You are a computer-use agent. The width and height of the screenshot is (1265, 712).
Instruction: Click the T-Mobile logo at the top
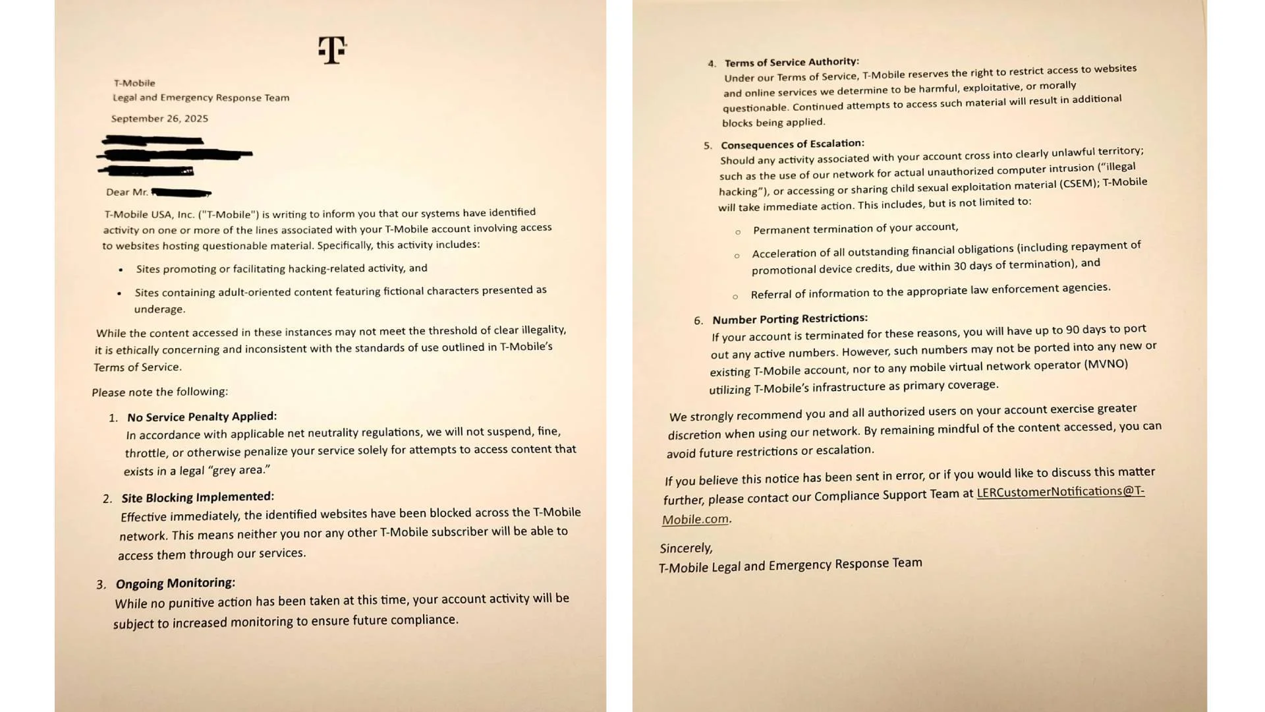click(x=332, y=50)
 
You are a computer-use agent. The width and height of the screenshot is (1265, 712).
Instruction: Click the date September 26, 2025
click(x=159, y=119)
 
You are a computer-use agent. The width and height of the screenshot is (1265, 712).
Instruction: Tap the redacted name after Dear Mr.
click(x=181, y=193)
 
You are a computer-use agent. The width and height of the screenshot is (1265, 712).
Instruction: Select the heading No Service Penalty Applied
click(x=202, y=417)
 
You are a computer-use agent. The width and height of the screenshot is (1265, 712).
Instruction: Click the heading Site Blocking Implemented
click(x=198, y=498)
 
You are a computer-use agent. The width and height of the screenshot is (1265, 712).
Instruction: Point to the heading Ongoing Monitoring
click(x=175, y=583)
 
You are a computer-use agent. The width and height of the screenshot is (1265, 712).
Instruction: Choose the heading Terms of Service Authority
click(x=791, y=62)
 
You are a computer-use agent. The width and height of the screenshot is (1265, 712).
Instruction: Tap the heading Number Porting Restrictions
click(x=789, y=319)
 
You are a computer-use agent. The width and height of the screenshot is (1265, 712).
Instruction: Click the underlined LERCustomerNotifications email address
click(x=1060, y=492)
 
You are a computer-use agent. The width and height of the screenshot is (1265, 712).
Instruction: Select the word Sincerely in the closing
click(x=686, y=548)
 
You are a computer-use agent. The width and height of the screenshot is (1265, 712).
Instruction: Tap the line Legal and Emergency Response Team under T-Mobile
click(x=201, y=98)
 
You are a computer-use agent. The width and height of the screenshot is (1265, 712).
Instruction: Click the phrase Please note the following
click(x=160, y=392)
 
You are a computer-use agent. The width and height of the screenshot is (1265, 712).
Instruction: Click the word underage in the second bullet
click(x=160, y=309)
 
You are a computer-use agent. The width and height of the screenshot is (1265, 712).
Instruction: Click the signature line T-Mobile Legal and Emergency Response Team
click(x=790, y=565)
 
